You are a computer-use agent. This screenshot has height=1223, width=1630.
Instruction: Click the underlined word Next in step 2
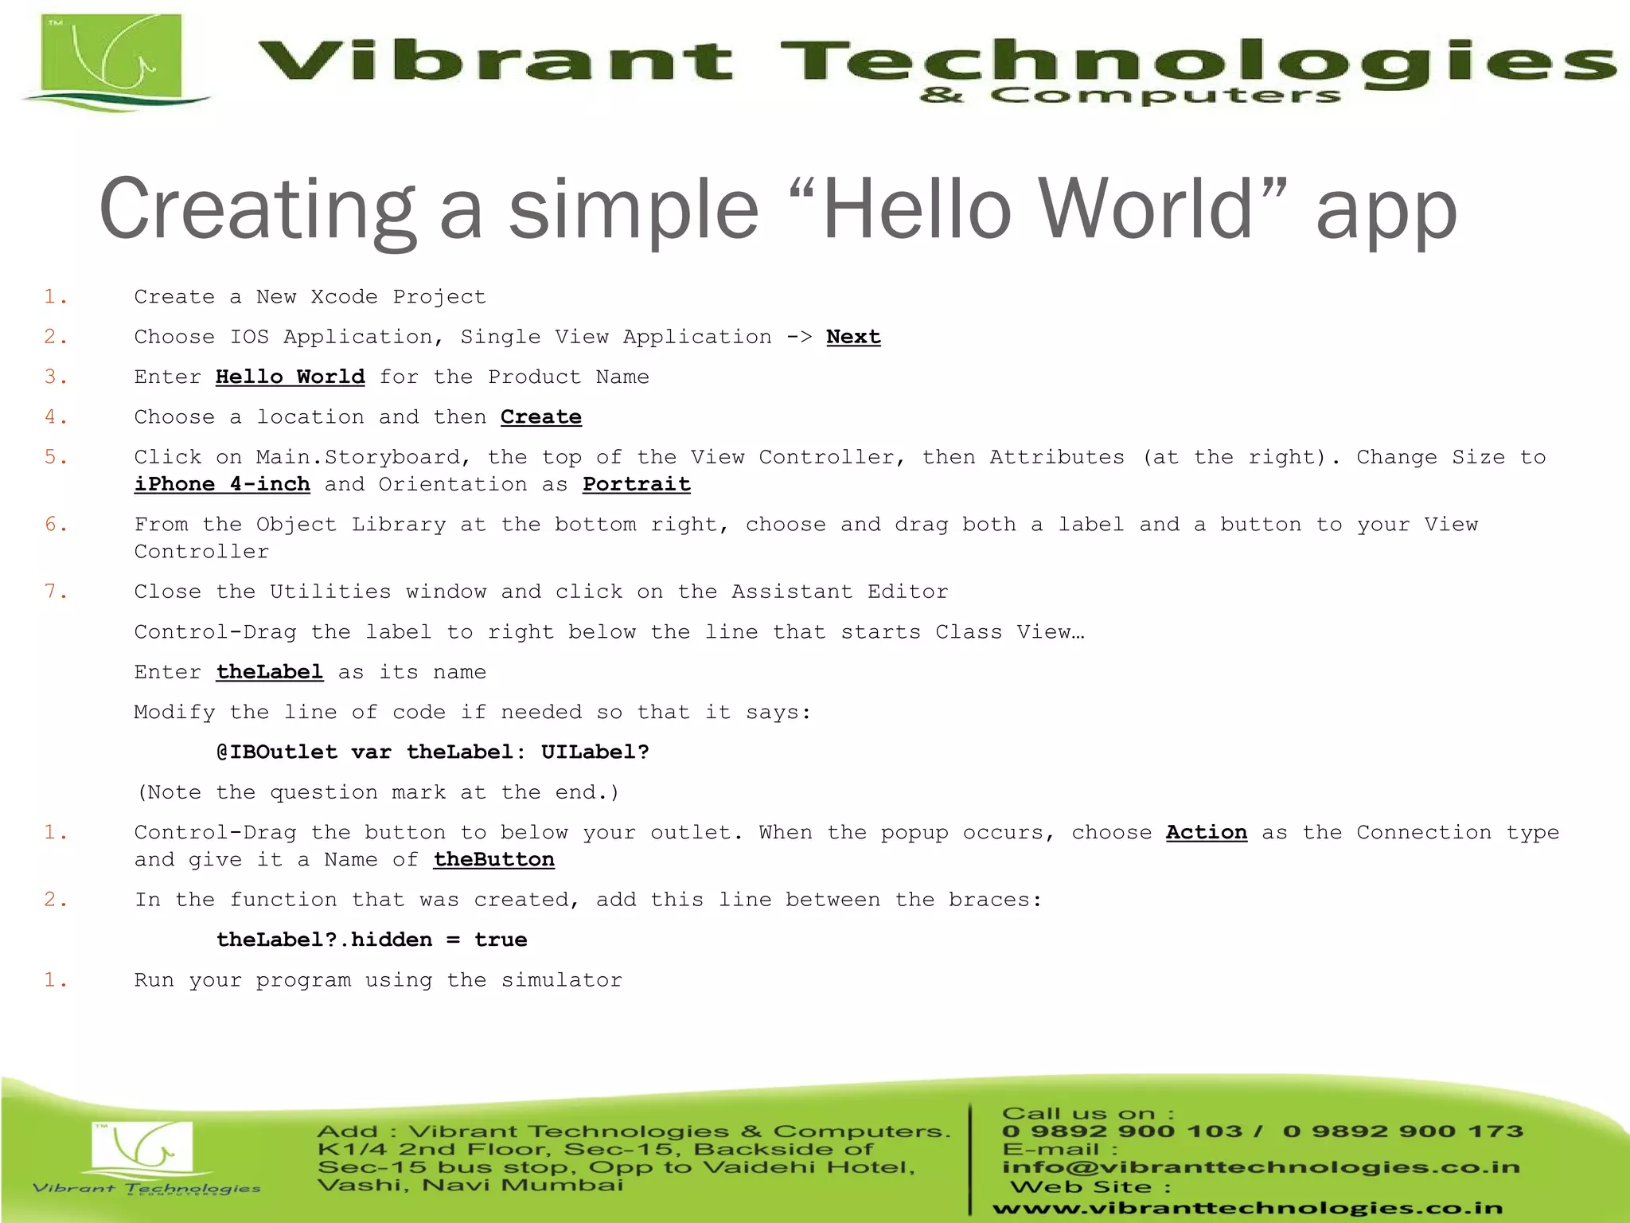[x=853, y=337]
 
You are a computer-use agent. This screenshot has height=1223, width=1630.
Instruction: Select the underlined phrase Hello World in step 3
[x=290, y=377]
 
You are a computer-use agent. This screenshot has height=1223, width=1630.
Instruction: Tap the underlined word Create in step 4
[x=541, y=417]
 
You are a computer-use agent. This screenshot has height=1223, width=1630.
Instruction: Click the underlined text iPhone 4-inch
[x=222, y=484]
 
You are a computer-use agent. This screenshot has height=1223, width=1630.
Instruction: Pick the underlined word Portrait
[x=637, y=484]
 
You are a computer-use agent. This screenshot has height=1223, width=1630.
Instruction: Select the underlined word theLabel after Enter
[x=270, y=672]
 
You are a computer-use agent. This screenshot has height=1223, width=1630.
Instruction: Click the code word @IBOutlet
[x=277, y=752]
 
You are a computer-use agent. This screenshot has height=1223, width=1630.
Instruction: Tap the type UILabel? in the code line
[x=595, y=752]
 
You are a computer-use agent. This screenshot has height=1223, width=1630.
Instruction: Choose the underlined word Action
[x=1207, y=833]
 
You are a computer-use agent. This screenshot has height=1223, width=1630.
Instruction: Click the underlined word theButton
[x=494, y=860]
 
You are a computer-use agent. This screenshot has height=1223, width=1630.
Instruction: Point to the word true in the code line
[x=501, y=940]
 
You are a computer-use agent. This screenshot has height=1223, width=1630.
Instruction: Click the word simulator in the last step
[x=562, y=980]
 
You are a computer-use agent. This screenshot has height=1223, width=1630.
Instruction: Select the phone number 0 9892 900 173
[x=1403, y=1131]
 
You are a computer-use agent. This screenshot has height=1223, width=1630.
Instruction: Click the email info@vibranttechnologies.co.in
[x=1261, y=1167]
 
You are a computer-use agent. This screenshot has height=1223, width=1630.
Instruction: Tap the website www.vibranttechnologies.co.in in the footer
[x=1247, y=1208]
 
